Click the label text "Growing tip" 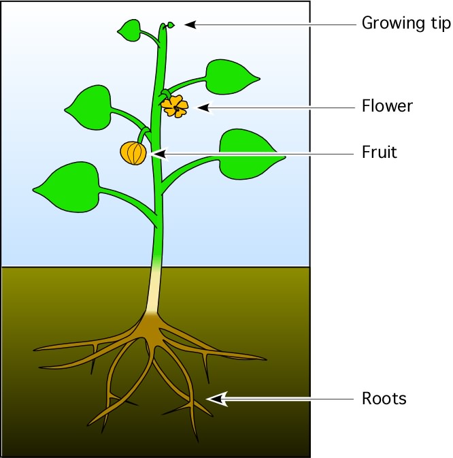click(405, 24)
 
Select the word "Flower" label click(387, 106)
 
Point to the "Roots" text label click(384, 398)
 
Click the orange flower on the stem click(175, 105)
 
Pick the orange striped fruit click(133, 152)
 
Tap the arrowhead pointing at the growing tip click(190, 24)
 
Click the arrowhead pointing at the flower click(203, 106)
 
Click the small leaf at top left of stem click(130, 29)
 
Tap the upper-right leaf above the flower click(231, 74)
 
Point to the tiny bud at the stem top click(171, 25)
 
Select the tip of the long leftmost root click(35, 350)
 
